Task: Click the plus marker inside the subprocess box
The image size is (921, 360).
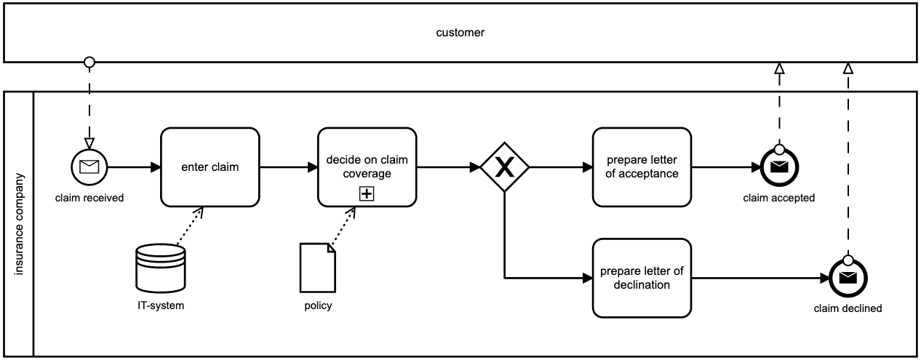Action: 367,193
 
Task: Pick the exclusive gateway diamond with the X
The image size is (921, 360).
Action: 504,167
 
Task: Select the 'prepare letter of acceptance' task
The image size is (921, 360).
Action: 642,167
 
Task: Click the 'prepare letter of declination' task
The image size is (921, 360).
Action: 642,279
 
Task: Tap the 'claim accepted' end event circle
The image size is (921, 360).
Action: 778,167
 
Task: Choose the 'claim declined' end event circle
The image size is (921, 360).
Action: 848,279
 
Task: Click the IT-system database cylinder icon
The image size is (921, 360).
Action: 161,268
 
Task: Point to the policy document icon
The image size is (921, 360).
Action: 318,267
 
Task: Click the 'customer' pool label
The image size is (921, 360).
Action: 460,33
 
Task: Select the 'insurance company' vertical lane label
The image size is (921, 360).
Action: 20,224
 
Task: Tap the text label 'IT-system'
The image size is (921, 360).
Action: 161,305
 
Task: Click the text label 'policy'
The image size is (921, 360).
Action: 318,305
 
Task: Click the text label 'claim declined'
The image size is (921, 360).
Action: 848,308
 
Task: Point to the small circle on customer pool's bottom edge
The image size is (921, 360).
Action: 89,63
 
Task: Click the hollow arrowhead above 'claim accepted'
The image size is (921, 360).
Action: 778,68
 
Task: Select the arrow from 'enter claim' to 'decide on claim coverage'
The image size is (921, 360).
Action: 288,167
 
